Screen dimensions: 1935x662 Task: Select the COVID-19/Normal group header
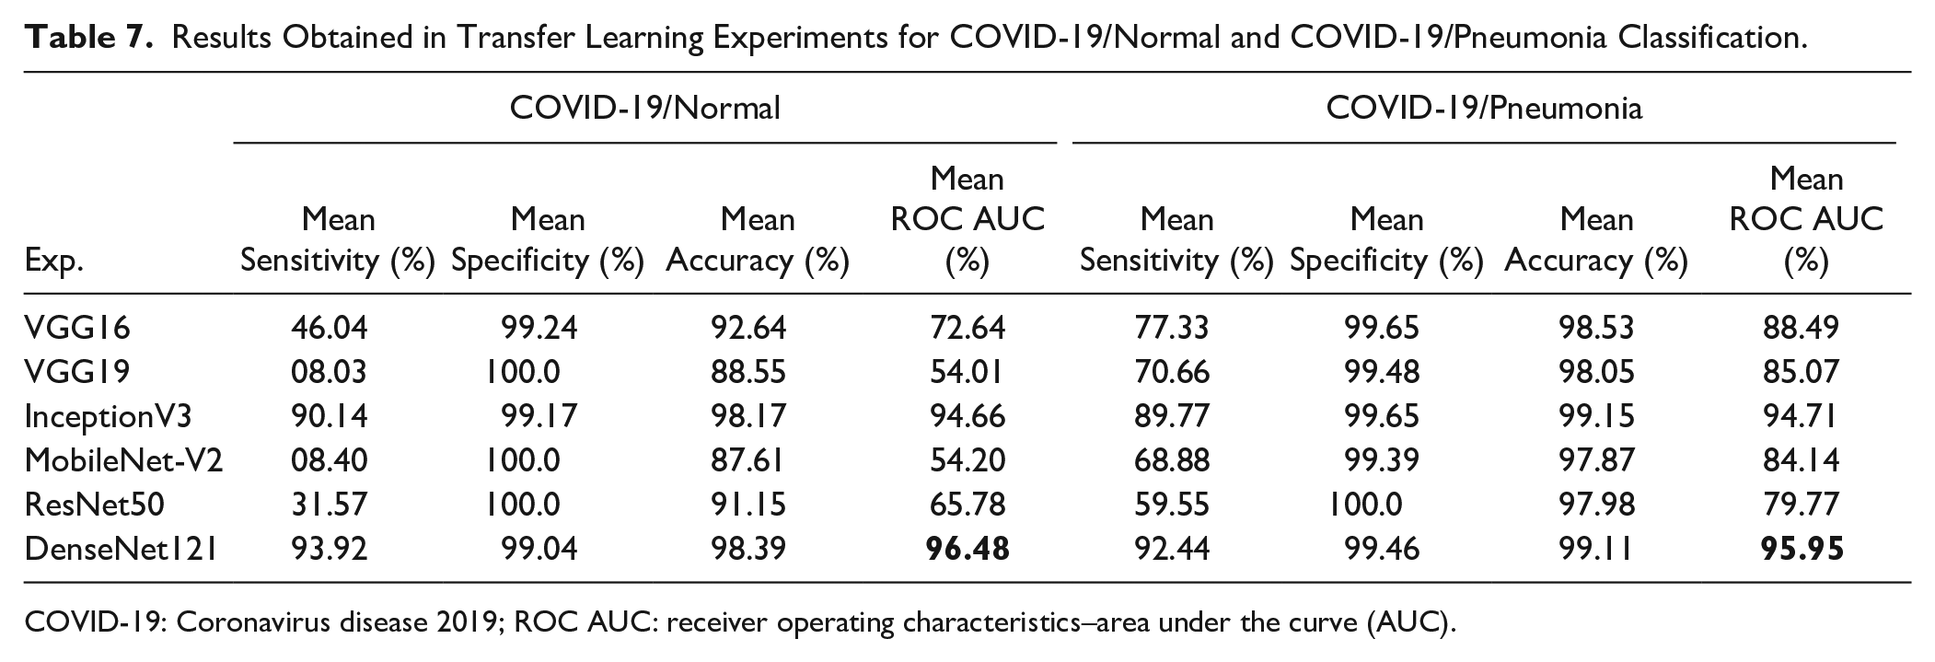coord(644,108)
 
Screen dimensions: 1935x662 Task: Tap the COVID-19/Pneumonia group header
coord(1483,108)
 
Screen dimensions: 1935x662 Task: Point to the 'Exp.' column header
coord(54,262)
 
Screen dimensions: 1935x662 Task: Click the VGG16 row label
coord(77,327)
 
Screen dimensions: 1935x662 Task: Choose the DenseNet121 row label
coord(122,549)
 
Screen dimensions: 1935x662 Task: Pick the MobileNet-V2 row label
coord(123,459)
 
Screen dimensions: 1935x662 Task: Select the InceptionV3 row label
coord(108,416)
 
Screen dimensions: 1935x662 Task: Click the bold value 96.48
coord(967,549)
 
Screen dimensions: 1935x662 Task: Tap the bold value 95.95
coord(1802,549)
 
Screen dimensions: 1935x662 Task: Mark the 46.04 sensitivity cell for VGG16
coord(329,327)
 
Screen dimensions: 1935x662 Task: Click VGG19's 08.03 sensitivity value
coord(329,371)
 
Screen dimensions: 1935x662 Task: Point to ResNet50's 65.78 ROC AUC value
coord(967,504)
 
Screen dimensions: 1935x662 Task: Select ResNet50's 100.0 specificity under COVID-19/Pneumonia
coord(1366,504)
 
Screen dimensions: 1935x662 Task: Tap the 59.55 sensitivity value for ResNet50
coord(1171,504)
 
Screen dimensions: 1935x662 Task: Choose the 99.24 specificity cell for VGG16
coord(539,327)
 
